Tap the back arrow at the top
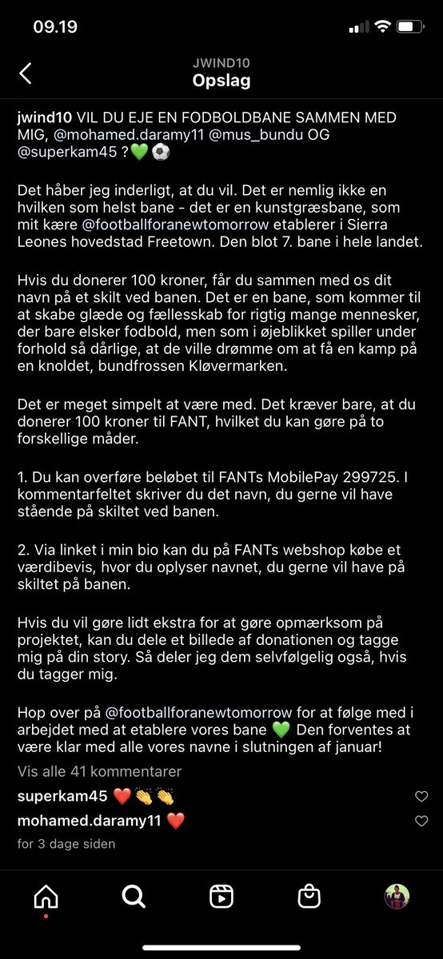tap(26, 74)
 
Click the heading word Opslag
tap(221, 81)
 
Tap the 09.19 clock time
tap(55, 27)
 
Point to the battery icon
tap(410, 27)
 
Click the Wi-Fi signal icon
tap(382, 27)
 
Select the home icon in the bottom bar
tap(46, 897)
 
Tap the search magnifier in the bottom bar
tap(133, 897)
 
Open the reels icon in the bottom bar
tap(221, 897)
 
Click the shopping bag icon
tap(309, 897)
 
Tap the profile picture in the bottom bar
tap(397, 897)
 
